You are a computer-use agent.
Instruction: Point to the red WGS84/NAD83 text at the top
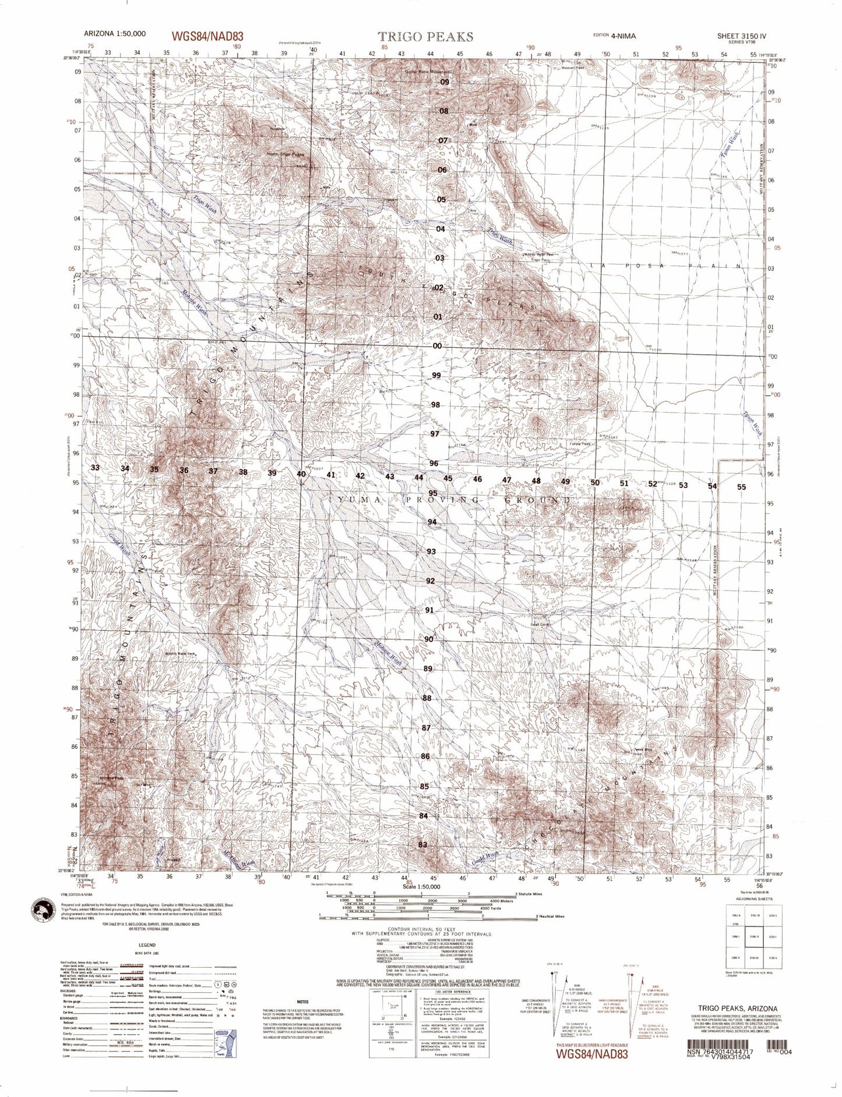[x=207, y=36]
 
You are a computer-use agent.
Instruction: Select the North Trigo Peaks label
[x=286, y=154]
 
